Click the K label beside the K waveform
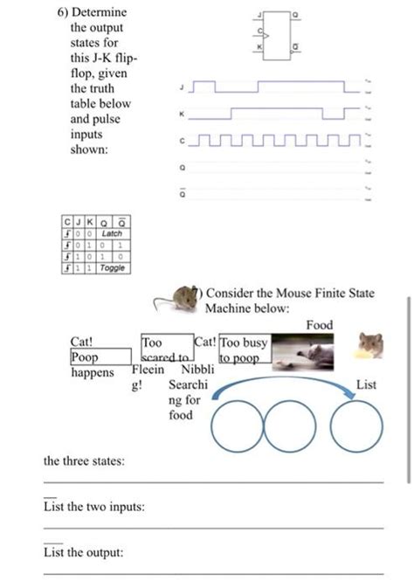tap(180, 113)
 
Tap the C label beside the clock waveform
tap(180, 140)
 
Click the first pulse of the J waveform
tap(203, 86)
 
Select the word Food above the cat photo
tap(319, 325)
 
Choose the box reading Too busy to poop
tap(245, 351)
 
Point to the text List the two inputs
tap(94, 507)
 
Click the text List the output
tap(84, 552)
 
